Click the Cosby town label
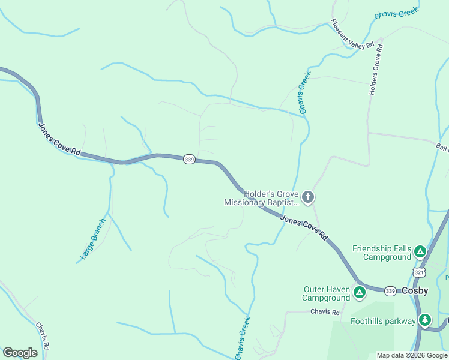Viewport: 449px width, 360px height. (x=415, y=290)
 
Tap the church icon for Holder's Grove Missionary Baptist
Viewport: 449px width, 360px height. (x=308, y=197)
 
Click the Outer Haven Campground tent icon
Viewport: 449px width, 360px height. (x=359, y=293)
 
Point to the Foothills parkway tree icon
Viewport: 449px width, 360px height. (x=425, y=320)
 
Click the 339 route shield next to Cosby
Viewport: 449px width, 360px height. (x=390, y=290)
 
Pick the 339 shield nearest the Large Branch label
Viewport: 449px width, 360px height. (x=189, y=159)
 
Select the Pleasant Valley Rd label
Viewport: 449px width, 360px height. (x=352, y=35)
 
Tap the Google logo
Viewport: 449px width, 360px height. (x=20, y=353)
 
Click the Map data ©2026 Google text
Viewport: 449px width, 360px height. (x=412, y=355)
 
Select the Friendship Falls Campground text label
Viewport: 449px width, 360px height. (x=383, y=253)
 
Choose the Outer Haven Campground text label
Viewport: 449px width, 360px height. (x=327, y=293)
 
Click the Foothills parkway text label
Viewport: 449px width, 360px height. (x=383, y=321)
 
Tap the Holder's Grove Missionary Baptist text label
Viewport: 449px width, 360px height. (x=262, y=197)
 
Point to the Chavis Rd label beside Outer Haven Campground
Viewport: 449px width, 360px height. (x=325, y=312)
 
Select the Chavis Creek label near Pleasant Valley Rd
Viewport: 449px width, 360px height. (x=396, y=12)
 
